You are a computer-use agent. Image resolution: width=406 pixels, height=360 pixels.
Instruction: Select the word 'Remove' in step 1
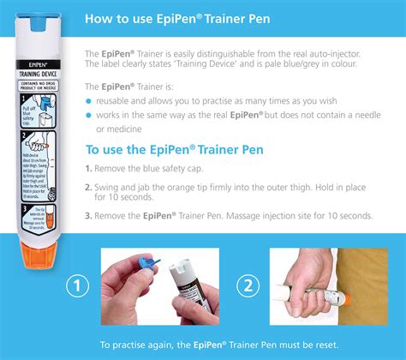[x=114, y=168]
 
